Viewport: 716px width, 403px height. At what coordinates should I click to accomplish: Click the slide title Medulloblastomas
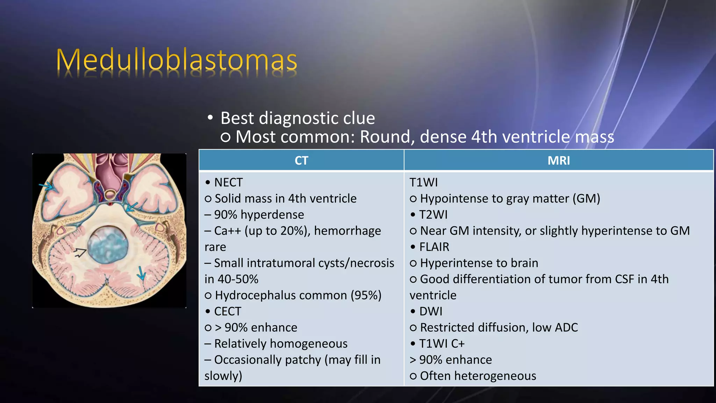(x=177, y=60)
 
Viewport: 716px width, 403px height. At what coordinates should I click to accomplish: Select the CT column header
(x=301, y=161)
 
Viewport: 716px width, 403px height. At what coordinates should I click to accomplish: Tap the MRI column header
(x=558, y=161)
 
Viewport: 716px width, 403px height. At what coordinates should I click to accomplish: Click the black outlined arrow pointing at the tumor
(x=80, y=252)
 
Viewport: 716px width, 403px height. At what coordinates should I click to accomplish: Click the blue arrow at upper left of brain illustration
(x=46, y=186)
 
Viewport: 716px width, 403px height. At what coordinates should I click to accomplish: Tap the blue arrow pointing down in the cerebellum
(x=141, y=273)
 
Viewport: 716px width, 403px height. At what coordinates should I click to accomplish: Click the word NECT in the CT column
(x=228, y=183)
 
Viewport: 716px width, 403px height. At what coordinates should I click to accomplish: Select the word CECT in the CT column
(x=228, y=311)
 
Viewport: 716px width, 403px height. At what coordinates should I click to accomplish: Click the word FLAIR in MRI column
(x=434, y=247)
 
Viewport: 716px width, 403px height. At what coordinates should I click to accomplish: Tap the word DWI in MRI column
(x=431, y=311)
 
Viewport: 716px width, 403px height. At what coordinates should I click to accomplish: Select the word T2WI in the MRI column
(x=433, y=215)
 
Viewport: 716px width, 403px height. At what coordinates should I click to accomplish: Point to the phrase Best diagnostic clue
(x=298, y=118)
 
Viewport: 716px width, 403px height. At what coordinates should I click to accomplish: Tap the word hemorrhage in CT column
(x=348, y=231)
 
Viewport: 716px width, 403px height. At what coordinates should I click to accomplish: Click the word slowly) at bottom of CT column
(x=223, y=376)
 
